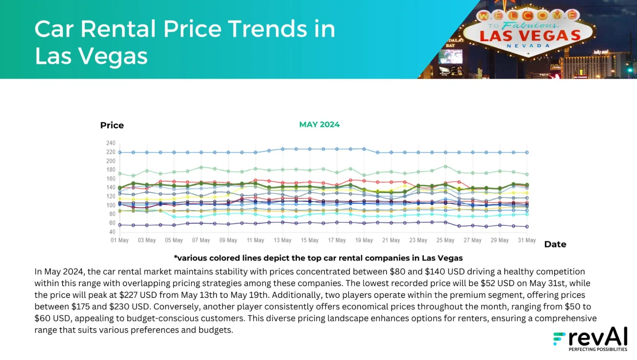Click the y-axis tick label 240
(x=110, y=143)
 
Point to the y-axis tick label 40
(x=112, y=232)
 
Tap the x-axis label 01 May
(x=120, y=240)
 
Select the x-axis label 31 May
(x=527, y=240)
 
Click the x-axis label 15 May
(x=310, y=240)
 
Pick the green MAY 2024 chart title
(x=319, y=124)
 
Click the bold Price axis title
(x=112, y=125)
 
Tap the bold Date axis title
(x=555, y=244)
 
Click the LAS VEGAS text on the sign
(x=530, y=36)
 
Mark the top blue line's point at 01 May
(x=120, y=152)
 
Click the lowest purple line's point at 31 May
(x=527, y=226)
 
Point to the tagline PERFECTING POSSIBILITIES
(x=597, y=350)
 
